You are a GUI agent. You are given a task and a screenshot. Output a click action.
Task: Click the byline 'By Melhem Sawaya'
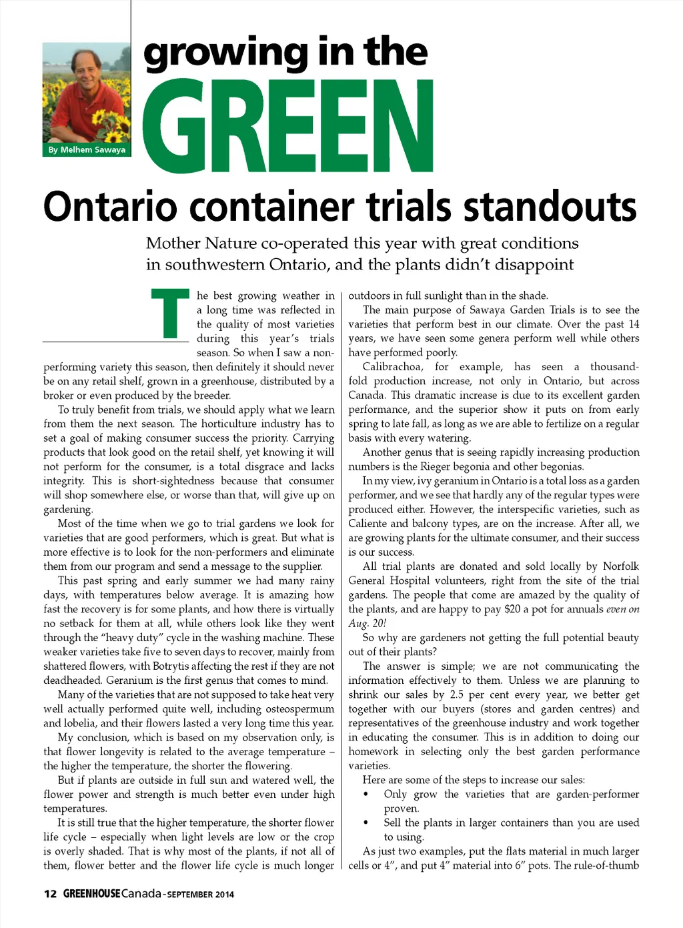pyautogui.click(x=87, y=150)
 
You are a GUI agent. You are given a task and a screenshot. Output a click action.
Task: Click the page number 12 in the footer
pyautogui.click(x=50, y=894)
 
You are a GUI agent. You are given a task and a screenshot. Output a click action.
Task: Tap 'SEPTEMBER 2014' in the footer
pyautogui.click(x=200, y=895)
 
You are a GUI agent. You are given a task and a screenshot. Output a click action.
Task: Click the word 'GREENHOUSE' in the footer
pyautogui.click(x=91, y=894)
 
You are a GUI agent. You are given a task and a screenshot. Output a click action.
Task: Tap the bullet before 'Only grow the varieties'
pyautogui.click(x=366, y=795)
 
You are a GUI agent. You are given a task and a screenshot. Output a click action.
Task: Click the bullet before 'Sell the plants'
pyautogui.click(x=366, y=823)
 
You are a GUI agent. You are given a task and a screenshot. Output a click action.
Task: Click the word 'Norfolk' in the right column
pyautogui.click(x=620, y=566)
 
